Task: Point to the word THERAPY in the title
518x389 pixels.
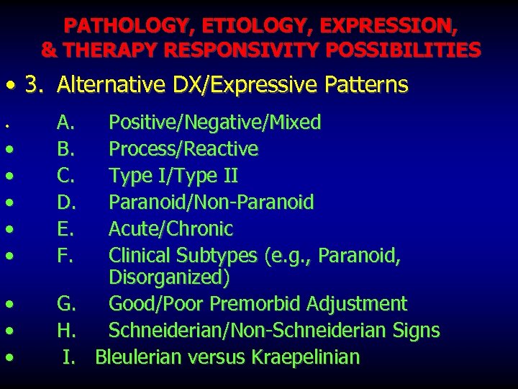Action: tap(113, 50)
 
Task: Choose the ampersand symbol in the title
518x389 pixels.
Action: tap(50, 50)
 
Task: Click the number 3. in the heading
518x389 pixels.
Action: tap(33, 85)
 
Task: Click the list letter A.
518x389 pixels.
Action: tap(66, 122)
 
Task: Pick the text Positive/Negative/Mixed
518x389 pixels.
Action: tap(214, 122)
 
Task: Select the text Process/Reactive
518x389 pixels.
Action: tap(183, 149)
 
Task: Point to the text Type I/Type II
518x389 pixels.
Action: tap(173, 176)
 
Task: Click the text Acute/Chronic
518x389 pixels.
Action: tap(171, 229)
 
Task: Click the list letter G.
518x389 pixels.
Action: tap(67, 304)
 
